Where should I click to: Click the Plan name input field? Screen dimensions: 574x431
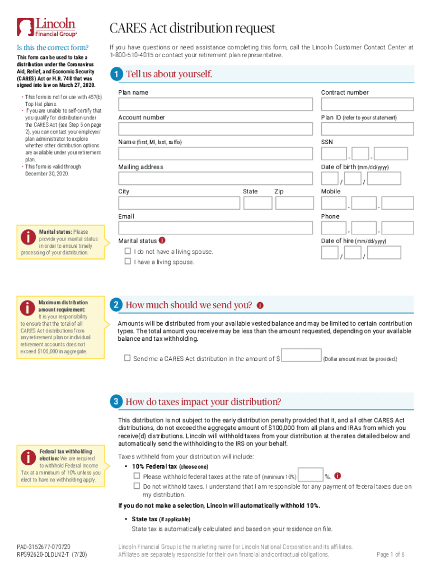(x=215, y=104)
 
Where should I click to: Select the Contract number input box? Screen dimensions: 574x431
(x=367, y=104)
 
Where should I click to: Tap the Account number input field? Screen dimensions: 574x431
(x=215, y=129)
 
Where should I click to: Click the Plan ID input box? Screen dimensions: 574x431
(x=367, y=129)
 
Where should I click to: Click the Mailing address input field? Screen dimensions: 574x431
(x=215, y=178)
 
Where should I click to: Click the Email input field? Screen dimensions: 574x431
(x=215, y=228)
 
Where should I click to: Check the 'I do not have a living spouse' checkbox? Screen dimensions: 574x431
(x=128, y=251)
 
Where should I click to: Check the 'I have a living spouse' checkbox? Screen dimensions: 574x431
(x=128, y=261)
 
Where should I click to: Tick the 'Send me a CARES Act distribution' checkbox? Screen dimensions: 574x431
(x=127, y=358)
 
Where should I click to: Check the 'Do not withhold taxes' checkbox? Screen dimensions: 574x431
(x=137, y=486)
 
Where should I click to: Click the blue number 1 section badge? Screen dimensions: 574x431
(x=115, y=75)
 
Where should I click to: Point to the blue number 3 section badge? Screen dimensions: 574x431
(x=115, y=401)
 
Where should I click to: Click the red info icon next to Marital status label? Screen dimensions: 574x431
(x=162, y=240)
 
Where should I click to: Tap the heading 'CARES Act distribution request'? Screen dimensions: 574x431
(x=192, y=28)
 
